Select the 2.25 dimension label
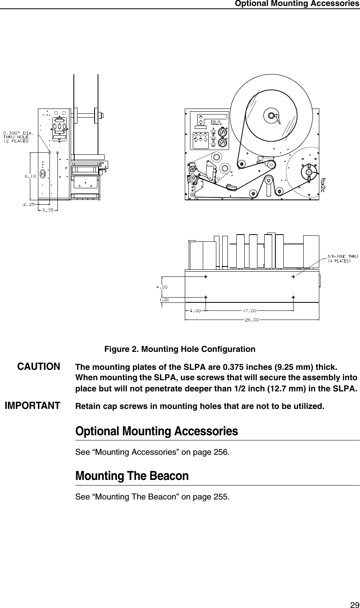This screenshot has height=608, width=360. point(28,204)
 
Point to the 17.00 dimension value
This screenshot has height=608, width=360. point(249,310)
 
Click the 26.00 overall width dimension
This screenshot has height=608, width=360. point(251,319)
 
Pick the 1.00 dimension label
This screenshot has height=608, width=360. point(164,299)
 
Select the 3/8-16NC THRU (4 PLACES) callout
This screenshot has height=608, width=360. point(342,258)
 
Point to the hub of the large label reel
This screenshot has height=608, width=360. point(271,115)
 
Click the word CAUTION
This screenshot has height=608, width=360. point(39,366)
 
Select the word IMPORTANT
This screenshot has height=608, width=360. point(32,406)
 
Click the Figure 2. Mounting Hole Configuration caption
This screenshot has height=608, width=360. point(180,349)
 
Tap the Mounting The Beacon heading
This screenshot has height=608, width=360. point(132,476)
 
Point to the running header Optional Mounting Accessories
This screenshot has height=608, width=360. point(297,4)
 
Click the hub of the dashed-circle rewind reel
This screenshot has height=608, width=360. point(308,172)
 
